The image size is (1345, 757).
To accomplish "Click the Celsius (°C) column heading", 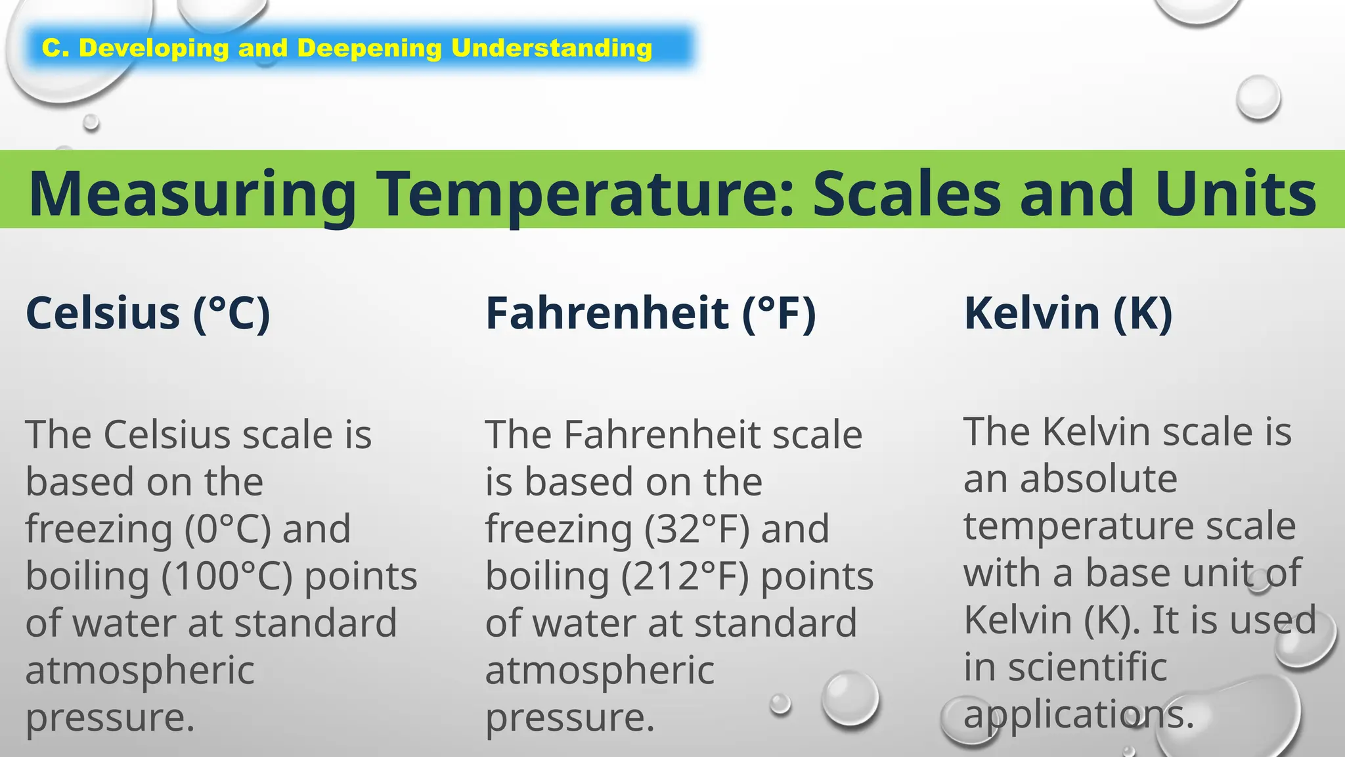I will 148,313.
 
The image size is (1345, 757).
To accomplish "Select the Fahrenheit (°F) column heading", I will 650,313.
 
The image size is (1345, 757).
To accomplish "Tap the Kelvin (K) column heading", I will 1068,313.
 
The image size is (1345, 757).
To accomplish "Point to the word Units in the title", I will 1235,193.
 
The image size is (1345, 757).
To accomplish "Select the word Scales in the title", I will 906,193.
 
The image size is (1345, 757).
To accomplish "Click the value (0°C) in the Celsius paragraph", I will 227,529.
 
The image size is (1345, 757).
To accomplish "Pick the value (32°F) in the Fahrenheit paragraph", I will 696,529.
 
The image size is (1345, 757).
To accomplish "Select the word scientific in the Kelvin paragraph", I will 1088,667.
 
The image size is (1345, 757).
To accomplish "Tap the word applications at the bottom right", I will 1077,714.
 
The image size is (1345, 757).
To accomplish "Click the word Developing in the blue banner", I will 154,48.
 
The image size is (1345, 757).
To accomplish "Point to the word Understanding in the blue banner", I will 552,48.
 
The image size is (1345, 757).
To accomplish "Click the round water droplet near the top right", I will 1258,97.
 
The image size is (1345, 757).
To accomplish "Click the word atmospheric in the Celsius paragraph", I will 140,671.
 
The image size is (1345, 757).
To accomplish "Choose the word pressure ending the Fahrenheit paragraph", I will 569,718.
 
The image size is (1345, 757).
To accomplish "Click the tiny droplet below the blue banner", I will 91,122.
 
